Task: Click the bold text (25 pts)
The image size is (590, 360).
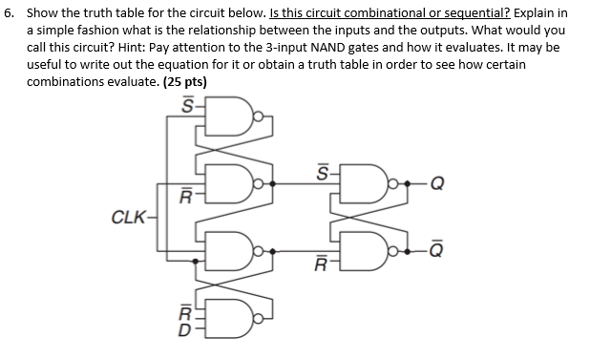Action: (180, 82)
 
